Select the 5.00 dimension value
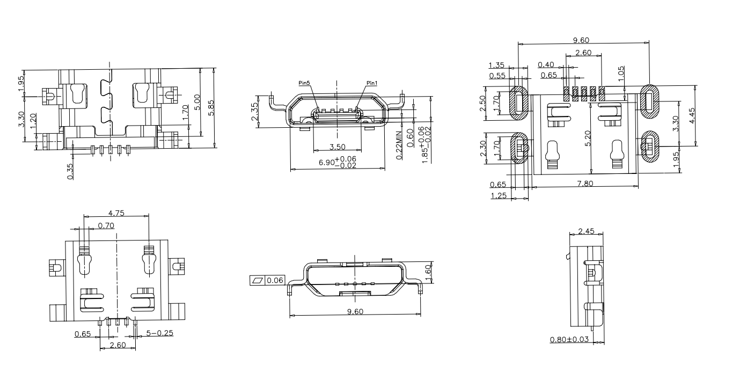click(197, 101)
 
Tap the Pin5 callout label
click(304, 83)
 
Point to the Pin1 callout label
click(372, 83)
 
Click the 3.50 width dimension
click(336, 147)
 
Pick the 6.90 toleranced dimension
click(338, 162)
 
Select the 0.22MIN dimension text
click(399, 144)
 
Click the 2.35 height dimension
click(255, 112)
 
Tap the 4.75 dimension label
click(116, 213)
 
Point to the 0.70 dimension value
click(106, 225)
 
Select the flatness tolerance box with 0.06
click(268, 280)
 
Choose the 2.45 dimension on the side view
click(585, 231)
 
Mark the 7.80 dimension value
click(587, 184)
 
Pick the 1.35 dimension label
click(496, 65)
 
